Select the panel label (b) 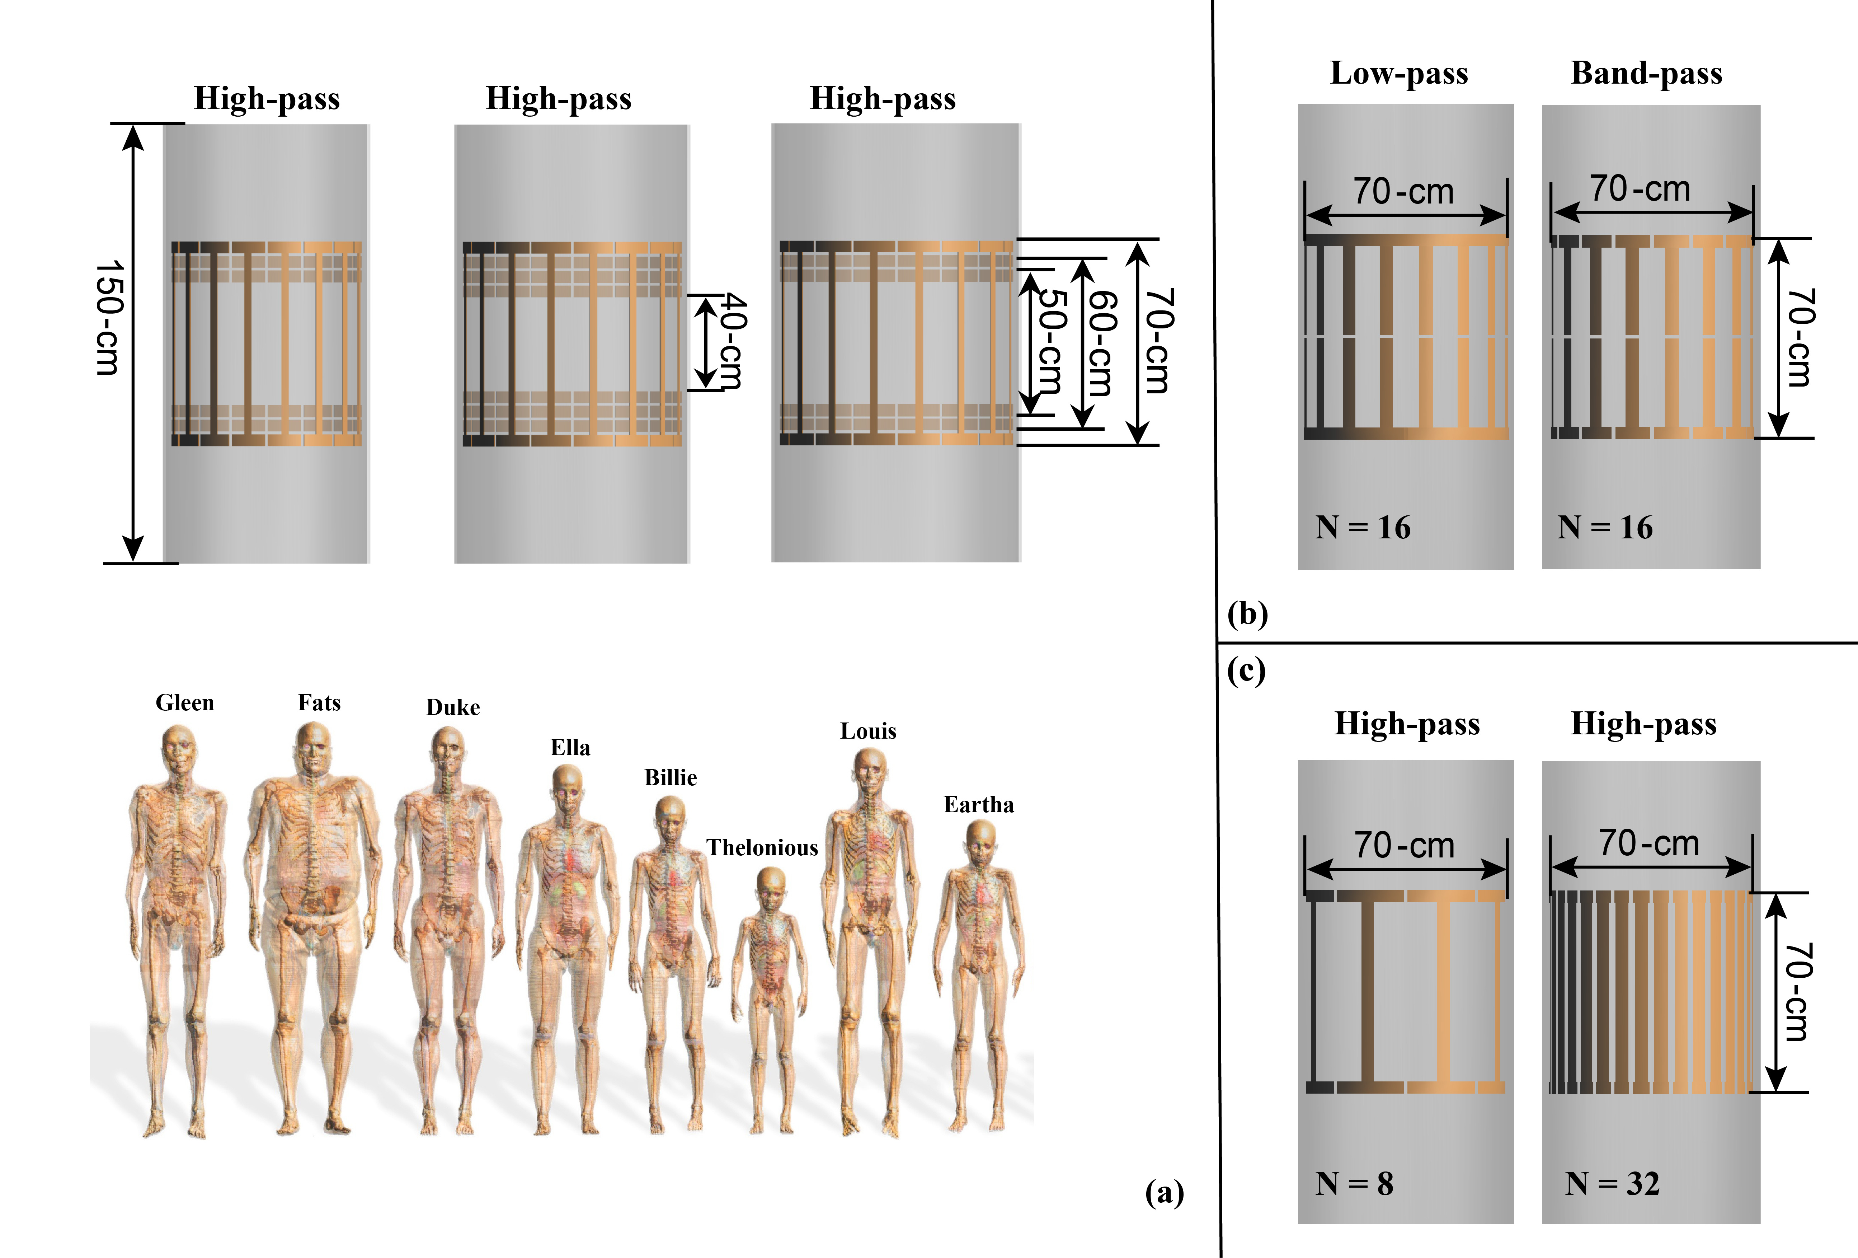coord(1247,614)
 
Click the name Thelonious coord(762,848)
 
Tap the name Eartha coord(979,805)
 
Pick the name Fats coord(319,703)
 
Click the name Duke coord(452,708)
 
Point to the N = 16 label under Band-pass coord(1605,528)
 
